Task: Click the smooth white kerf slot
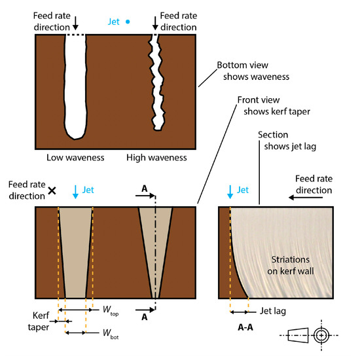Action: click(75, 85)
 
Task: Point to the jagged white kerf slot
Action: click(157, 82)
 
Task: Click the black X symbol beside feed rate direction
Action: click(52, 191)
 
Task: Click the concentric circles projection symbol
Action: click(320, 335)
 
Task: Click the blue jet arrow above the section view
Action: click(230, 191)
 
